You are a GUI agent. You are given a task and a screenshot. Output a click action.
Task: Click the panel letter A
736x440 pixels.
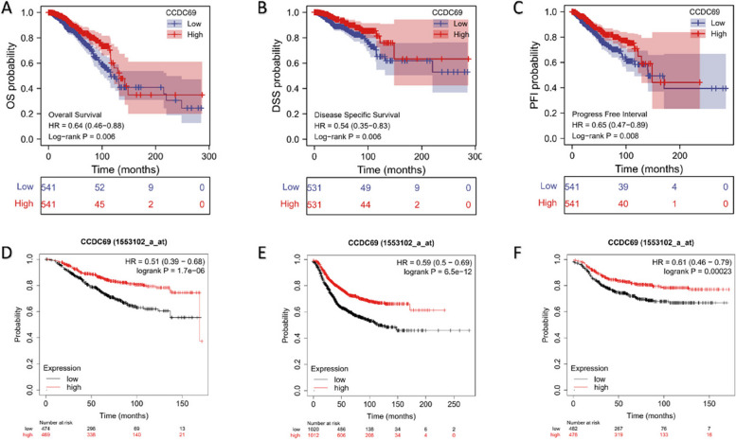tap(8, 9)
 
